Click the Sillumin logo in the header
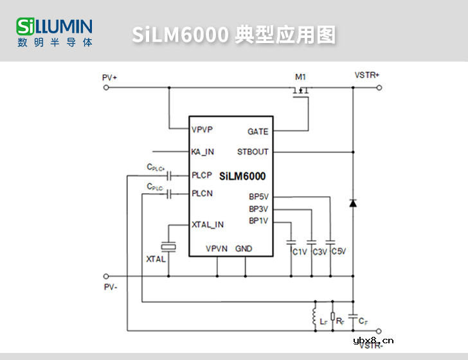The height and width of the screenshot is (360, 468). tap(55, 32)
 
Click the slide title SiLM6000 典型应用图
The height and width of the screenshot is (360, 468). tap(234, 35)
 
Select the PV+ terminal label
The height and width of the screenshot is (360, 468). tap(109, 77)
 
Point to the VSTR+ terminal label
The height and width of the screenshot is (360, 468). tap(366, 75)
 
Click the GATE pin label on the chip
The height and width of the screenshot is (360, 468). tap(258, 132)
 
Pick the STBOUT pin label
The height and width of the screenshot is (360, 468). tap(253, 152)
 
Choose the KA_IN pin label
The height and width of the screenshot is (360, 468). tap(203, 152)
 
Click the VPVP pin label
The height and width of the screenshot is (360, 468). tap(203, 129)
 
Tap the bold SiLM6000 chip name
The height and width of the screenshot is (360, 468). tap(242, 176)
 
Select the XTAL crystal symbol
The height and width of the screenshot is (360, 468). tap(168, 246)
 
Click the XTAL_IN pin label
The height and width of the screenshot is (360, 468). tap(208, 224)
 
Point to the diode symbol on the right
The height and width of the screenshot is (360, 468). tap(352, 203)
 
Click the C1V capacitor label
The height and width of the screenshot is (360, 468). tap(300, 252)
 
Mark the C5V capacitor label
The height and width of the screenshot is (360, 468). tap(339, 251)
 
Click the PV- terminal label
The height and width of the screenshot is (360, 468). tap(110, 287)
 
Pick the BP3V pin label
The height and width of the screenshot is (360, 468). tap(258, 209)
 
